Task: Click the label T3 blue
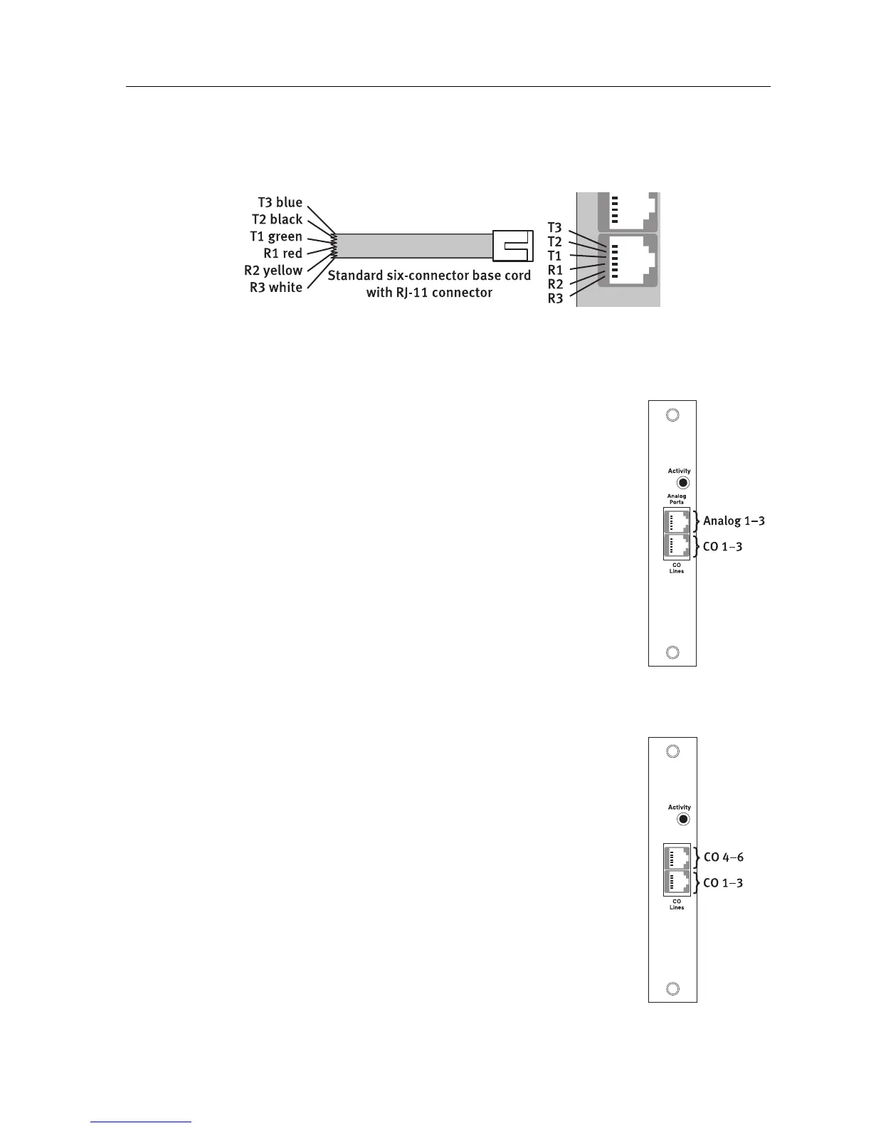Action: point(280,203)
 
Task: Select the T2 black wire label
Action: point(277,219)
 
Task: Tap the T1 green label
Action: point(276,236)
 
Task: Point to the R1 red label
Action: point(283,254)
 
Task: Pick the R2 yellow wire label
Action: point(273,271)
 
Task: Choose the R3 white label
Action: point(275,288)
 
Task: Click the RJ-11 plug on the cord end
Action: point(512,245)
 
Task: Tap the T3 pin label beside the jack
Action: point(554,228)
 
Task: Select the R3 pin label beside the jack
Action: point(554,298)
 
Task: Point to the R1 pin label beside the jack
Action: point(554,270)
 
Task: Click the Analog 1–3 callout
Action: point(734,521)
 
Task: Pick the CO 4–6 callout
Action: point(723,857)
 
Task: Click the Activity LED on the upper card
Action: point(683,483)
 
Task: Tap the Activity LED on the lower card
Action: point(683,819)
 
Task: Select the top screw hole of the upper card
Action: point(672,415)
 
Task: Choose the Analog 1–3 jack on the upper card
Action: point(677,521)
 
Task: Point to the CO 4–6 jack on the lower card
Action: point(677,857)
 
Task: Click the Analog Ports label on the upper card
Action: point(676,499)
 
